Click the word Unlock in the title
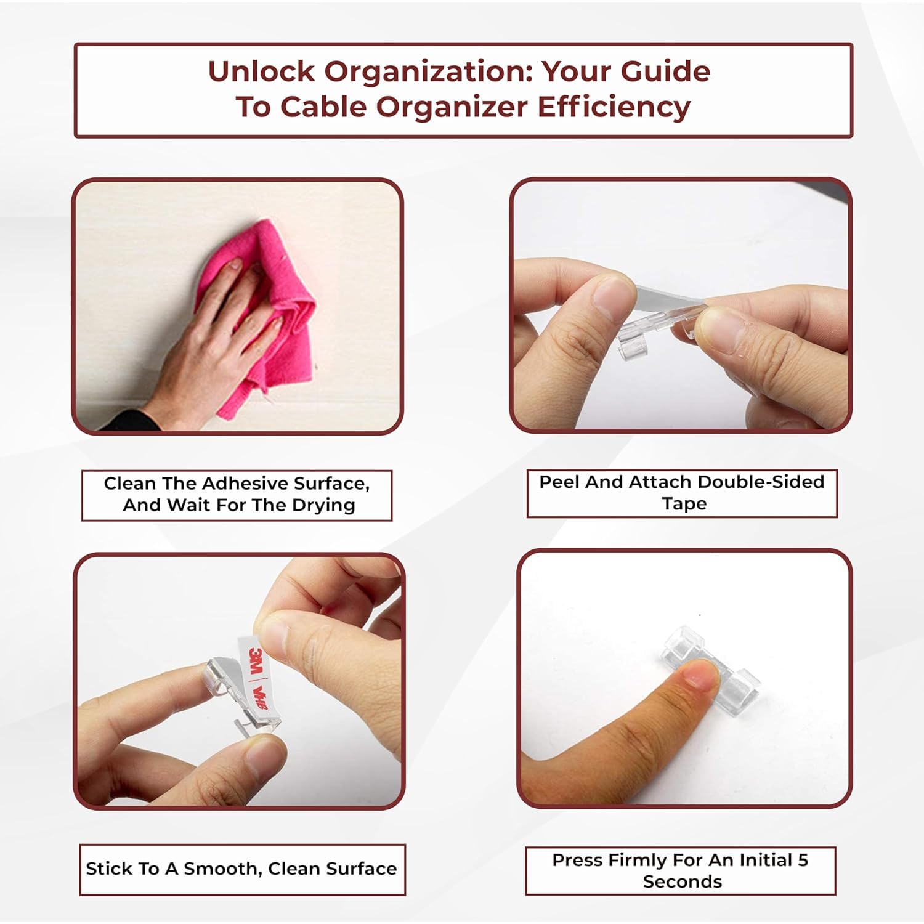click(x=262, y=71)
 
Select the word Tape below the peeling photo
click(x=684, y=504)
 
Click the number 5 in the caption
click(x=803, y=860)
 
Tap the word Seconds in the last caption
click(x=683, y=881)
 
